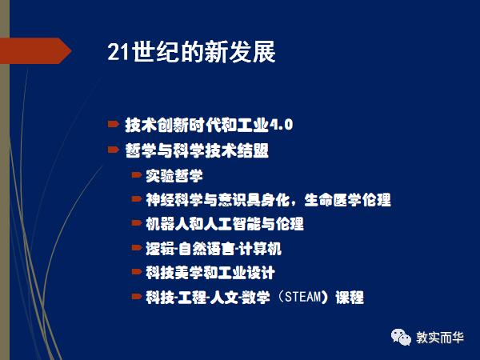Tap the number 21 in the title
pyautogui.click(x=118, y=53)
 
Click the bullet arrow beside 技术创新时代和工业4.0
pyautogui.click(x=113, y=125)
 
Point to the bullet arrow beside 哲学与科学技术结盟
pyautogui.click(x=113, y=150)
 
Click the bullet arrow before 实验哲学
pyautogui.click(x=137, y=174)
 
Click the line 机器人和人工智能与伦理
pyautogui.click(x=225, y=224)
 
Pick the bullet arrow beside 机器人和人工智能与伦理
pyautogui.click(x=137, y=224)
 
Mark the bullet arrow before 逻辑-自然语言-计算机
pyautogui.click(x=137, y=249)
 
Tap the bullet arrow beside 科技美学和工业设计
pyautogui.click(x=137, y=274)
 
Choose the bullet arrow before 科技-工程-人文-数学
pyautogui.click(x=137, y=298)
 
